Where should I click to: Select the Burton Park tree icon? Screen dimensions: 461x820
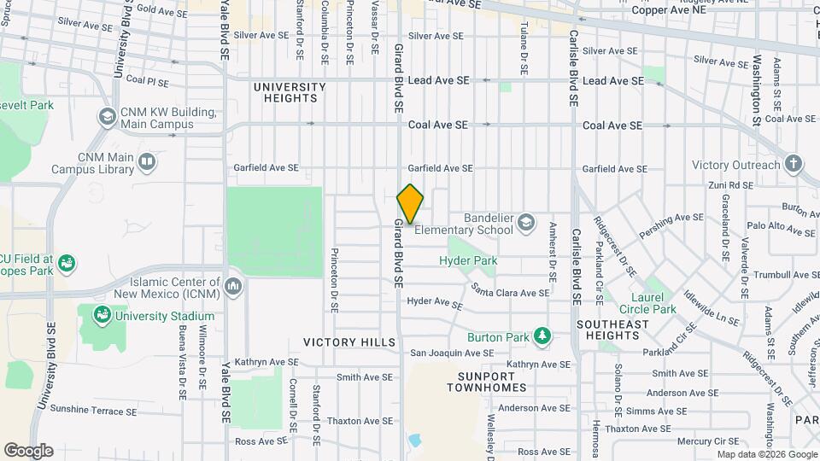tap(541, 336)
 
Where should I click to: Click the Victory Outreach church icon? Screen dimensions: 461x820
tap(794, 165)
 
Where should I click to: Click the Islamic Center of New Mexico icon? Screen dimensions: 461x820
tap(233, 286)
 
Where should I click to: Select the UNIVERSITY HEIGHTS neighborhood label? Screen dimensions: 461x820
tap(290, 92)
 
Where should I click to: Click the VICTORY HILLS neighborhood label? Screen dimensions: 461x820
tap(349, 342)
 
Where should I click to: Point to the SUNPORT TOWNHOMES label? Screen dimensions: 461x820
tap(487, 382)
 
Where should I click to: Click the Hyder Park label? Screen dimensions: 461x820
tap(467, 260)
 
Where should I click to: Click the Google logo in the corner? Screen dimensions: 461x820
tap(28, 450)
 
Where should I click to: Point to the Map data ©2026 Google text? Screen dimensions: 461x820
tap(766, 454)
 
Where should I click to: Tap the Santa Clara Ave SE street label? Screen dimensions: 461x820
tap(511, 293)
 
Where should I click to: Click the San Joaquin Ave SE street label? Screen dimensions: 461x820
tap(452, 353)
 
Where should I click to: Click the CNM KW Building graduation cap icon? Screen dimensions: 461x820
tap(107, 117)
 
